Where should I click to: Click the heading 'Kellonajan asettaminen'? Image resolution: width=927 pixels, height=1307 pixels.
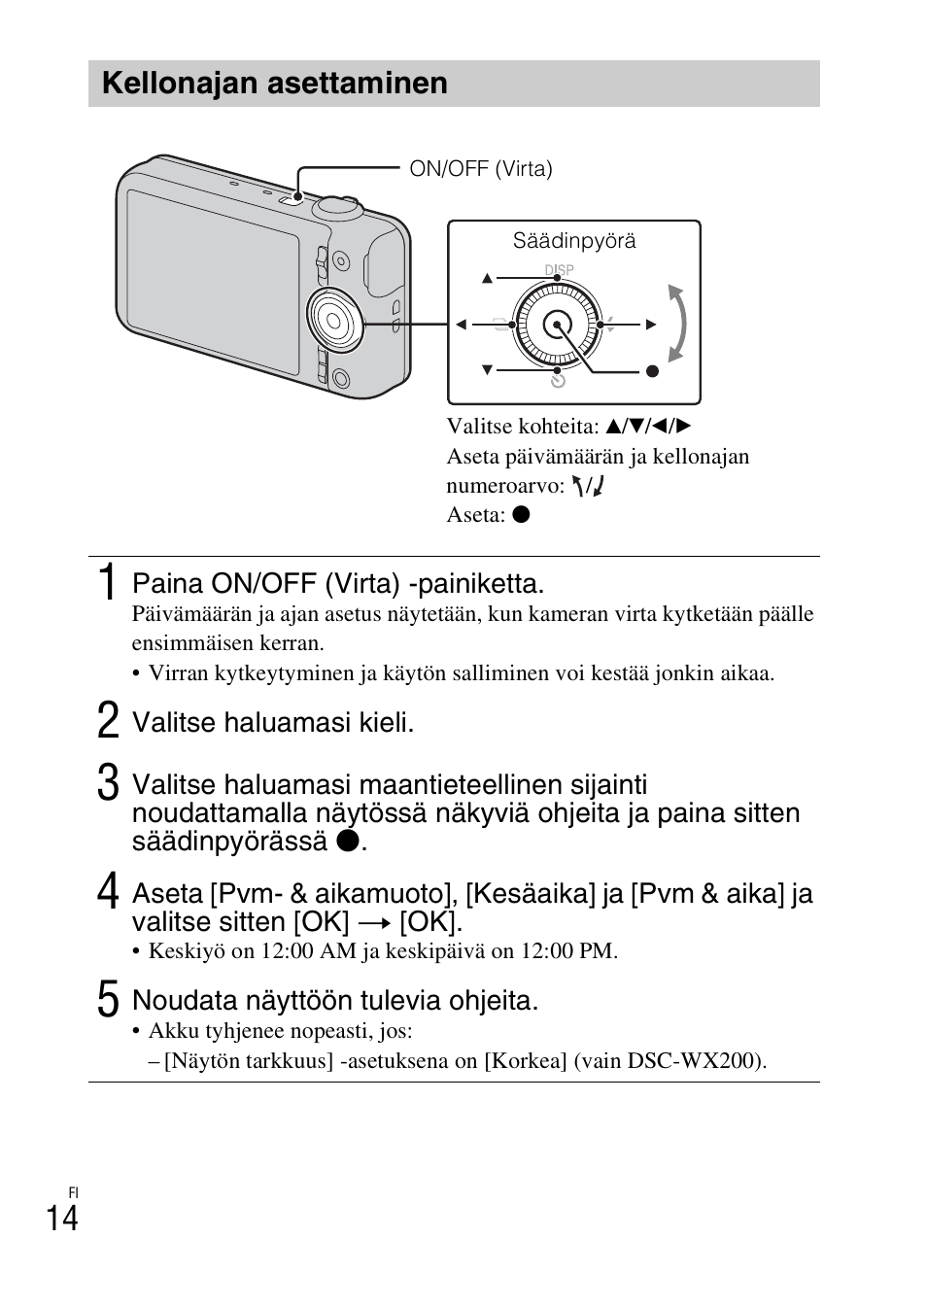tap(275, 84)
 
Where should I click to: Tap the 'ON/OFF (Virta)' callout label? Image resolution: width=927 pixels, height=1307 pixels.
tap(480, 169)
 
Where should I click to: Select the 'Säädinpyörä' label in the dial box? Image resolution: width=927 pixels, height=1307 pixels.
tap(574, 241)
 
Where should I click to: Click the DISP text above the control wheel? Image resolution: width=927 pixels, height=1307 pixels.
tap(559, 269)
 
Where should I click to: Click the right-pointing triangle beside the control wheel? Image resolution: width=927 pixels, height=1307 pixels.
tap(651, 325)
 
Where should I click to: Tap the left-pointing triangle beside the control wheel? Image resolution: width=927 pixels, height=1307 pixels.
tap(462, 325)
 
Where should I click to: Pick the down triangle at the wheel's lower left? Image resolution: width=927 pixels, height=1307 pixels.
tap(488, 370)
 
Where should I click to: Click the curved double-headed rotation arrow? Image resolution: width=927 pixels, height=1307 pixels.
tap(677, 324)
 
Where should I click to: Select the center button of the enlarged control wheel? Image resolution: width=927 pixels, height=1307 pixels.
tap(556, 324)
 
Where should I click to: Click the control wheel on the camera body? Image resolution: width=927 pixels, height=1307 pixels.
tap(332, 318)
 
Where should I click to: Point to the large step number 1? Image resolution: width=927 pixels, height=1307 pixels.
tap(110, 583)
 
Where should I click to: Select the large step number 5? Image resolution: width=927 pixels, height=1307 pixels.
tap(109, 999)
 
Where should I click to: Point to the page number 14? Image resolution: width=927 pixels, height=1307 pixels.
tap(61, 1218)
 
